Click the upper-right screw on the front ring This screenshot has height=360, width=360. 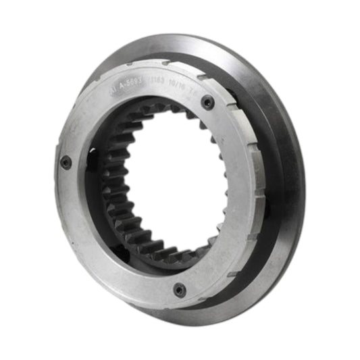click(x=208, y=102)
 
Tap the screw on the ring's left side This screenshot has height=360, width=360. click(x=66, y=162)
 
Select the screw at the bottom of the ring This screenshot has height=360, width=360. click(x=179, y=290)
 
